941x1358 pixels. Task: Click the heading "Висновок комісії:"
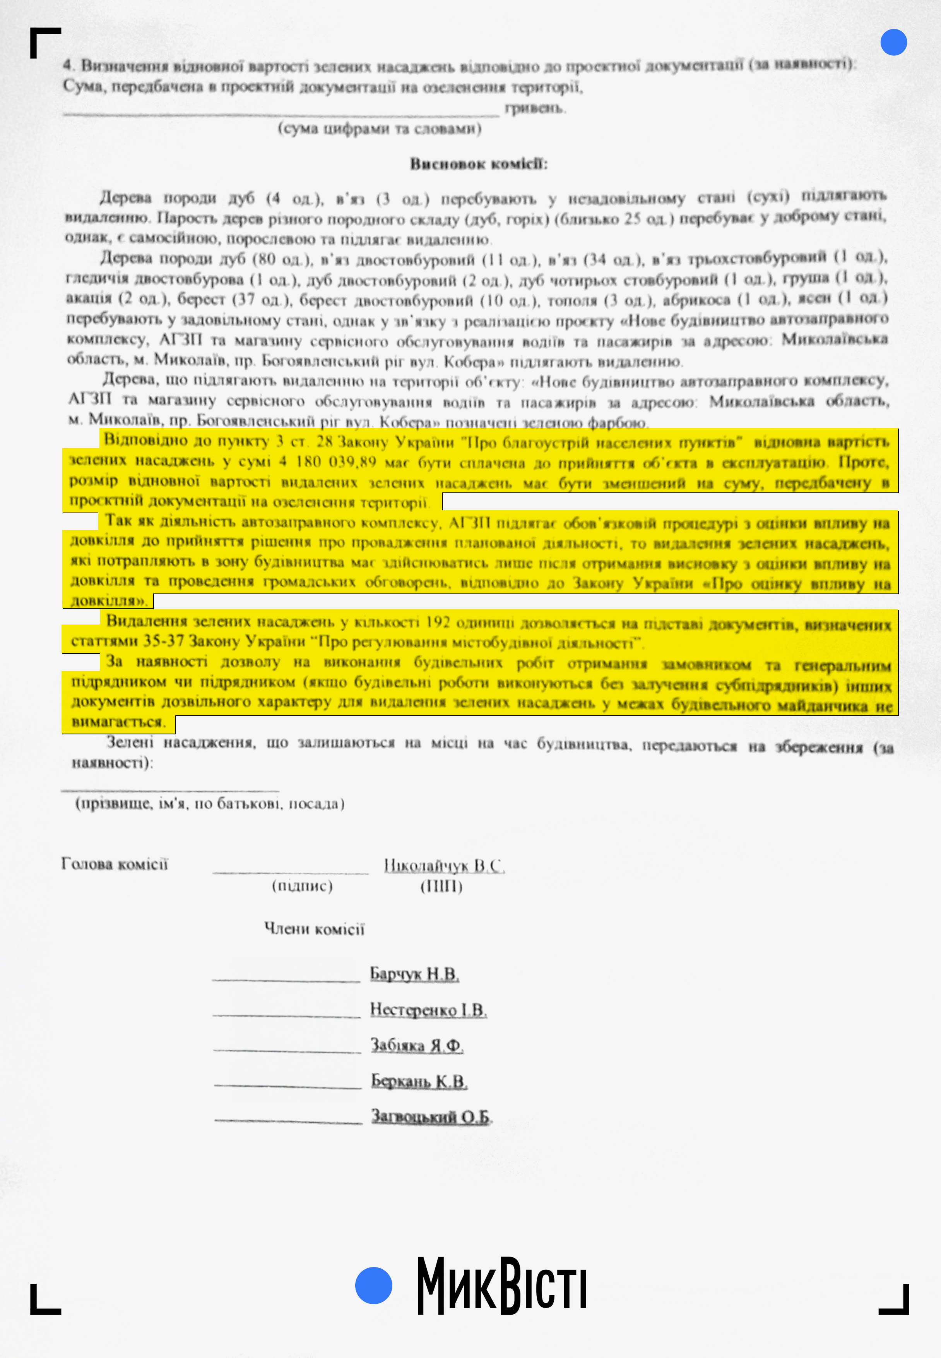point(479,164)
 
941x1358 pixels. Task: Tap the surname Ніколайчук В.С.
point(444,866)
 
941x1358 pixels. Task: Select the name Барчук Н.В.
point(414,974)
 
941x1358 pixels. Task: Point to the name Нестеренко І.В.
point(428,1010)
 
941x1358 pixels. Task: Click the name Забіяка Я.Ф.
point(416,1045)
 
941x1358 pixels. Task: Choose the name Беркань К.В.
point(419,1081)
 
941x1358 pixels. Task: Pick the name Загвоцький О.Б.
point(430,1117)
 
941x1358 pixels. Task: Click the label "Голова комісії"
point(115,864)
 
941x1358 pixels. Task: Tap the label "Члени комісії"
point(314,929)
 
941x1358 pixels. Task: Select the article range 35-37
point(163,641)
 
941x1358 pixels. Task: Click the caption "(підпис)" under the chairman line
point(302,886)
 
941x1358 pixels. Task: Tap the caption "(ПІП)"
point(441,886)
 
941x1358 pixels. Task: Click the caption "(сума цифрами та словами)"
point(379,129)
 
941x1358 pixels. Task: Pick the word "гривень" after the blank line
point(534,108)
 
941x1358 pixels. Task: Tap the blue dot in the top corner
point(893,43)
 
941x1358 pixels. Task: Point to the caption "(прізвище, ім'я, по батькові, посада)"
point(209,804)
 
